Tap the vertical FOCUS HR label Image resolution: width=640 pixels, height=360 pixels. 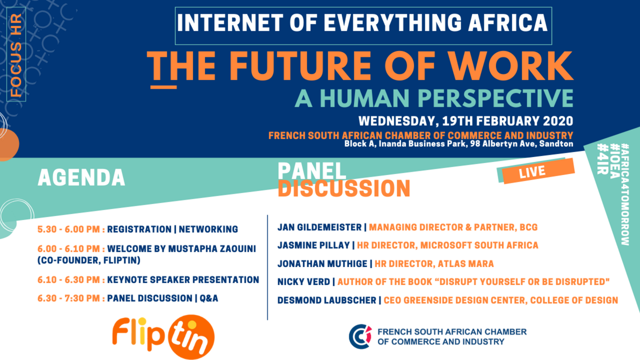point(16,55)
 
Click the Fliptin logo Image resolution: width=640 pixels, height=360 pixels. point(163,336)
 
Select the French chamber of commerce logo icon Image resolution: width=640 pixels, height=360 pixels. point(360,336)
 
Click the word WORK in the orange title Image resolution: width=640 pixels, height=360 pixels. point(510,66)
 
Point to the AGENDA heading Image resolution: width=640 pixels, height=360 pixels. point(81,178)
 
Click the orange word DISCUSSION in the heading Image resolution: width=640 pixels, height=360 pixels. point(344,189)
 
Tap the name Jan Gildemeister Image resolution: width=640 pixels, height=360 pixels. point(319,228)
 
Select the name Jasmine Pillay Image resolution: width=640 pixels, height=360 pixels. point(313,245)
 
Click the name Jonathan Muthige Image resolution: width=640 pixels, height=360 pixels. point(322,264)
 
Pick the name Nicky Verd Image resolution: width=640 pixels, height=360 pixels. point(304,282)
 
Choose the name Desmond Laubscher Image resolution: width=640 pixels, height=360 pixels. point(327,300)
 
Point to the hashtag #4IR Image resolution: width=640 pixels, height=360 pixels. point(602,159)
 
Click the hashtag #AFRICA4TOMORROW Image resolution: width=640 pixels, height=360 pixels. point(625,194)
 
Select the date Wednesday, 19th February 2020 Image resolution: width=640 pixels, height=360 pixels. point(466,121)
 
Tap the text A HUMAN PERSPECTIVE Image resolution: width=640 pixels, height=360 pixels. point(434,98)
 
